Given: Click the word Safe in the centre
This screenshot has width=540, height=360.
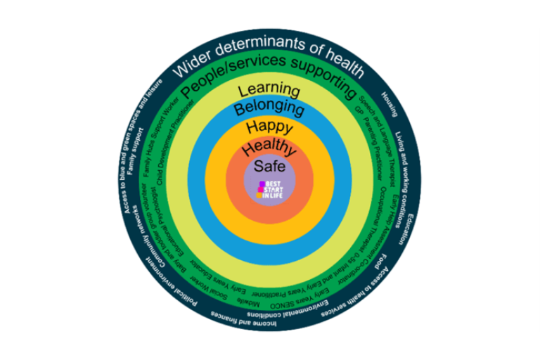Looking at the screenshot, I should tap(270, 167).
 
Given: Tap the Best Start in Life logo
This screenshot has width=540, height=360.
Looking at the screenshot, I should tap(269, 190).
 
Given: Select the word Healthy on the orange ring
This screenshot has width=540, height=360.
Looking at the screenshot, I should tap(270, 149).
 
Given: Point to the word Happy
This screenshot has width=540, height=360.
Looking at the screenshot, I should tap(270, 128).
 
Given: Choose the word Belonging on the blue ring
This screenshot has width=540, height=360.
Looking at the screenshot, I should tap(270, 109).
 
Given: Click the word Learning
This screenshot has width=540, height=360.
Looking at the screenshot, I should tap(270, 91).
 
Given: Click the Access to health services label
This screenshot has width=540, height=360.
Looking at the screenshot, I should tap(355, 296).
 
